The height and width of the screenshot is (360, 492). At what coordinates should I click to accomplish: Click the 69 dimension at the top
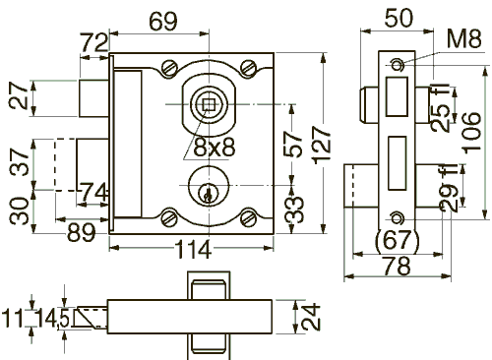pyautogui.click(x=163, y=22)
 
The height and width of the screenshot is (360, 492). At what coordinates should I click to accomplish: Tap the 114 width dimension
pyautogui.click(x=193, y=249)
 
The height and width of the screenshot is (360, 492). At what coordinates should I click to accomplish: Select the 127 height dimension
pyautogui.click(x=321, y=145)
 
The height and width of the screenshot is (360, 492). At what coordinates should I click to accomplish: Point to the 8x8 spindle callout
pyautogui.click(x=215, y=147)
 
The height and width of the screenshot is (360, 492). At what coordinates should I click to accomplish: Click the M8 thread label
pyautogui.click(x=464, y=38)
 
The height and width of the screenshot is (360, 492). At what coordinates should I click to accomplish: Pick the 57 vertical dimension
pyautogui.click(x=293, y=145)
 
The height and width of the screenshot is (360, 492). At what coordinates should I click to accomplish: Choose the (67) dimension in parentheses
pyautogui.click(x=398, y=240)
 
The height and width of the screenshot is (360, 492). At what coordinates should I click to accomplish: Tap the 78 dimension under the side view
pyautogui.click(x=397, y=266)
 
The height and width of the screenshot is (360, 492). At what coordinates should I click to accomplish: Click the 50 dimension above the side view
pyautogui.click(x=399, y=18)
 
